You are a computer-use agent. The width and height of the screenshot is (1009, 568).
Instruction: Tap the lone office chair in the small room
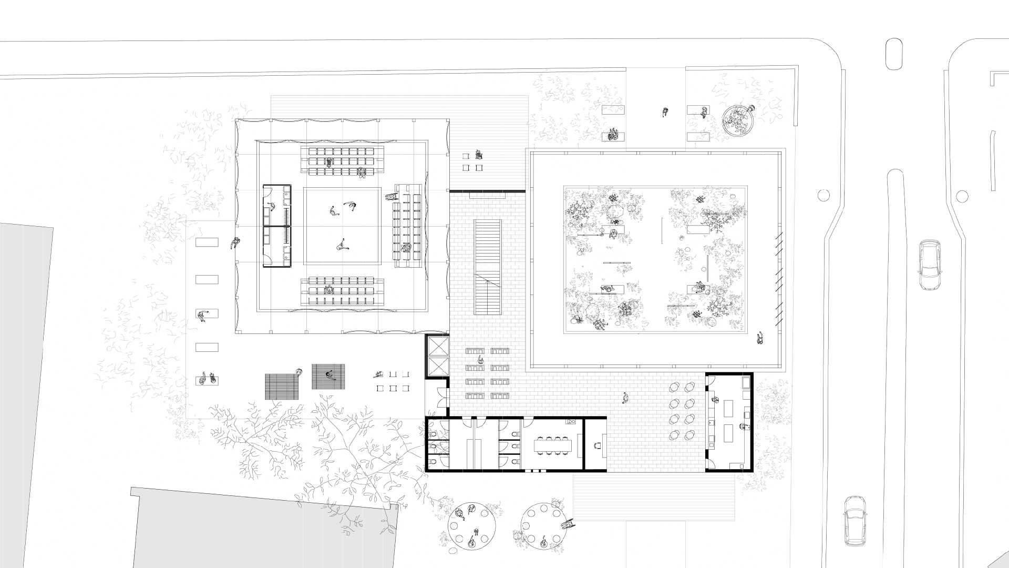[596, 445]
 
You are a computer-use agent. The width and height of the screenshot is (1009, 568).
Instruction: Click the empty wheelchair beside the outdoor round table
[567, 524]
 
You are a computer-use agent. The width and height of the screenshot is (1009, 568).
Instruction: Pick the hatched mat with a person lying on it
[329, 376]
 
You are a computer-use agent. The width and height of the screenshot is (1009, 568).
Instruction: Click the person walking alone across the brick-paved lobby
[625, 398]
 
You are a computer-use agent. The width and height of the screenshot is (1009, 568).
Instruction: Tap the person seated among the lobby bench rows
[480, 359]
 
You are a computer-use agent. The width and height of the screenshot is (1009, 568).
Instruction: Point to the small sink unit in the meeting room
[571, 421]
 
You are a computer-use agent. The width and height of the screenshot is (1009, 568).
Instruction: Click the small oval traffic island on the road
[893, 54]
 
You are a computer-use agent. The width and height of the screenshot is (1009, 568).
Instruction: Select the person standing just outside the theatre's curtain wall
[235, 244]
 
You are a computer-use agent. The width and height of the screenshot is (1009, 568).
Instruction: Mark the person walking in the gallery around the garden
[760, 338]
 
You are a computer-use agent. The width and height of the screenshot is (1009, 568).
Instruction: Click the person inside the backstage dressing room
[270, 206]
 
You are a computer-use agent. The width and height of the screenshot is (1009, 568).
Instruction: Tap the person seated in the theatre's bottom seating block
[329, 289]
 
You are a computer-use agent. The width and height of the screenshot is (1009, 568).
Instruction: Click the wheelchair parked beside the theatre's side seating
[390, 197]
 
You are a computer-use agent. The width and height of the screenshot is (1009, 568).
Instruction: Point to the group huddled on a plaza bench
[613, 135]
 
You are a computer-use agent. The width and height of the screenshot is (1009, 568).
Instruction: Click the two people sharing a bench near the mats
[207, 379]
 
